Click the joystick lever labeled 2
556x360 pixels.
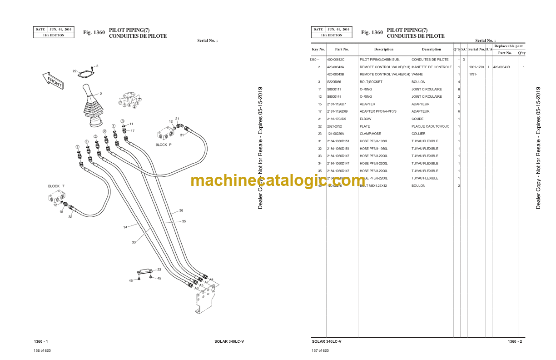tap(93, 107)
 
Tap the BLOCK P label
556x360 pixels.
tap(164, 145)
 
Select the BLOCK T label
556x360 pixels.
tap(56, 186)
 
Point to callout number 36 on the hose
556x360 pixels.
tap(181, 210)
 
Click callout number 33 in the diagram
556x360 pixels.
tap(134, 242)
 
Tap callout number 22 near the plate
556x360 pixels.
tap(74, 71)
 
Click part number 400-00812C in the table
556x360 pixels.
tap(336, 60)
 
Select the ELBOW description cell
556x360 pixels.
tap(365, 119)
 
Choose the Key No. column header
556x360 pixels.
tap(318, 49)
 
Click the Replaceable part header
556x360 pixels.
tap(508, 46)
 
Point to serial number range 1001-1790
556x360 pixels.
tap(477, 67)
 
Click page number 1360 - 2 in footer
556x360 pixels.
tap(515, 341)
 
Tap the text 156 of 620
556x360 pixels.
tap(42, 350)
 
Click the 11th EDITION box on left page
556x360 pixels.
tap(54, 35)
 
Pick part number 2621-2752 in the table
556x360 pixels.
tap(335, 126)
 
